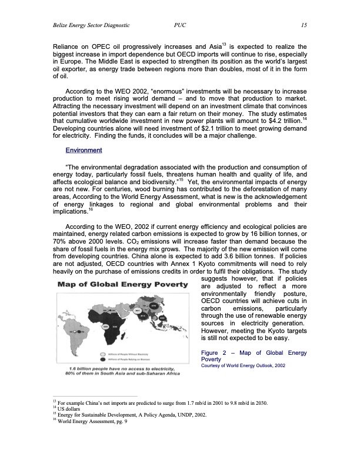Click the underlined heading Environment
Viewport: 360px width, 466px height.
84,151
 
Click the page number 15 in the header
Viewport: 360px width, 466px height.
304,25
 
